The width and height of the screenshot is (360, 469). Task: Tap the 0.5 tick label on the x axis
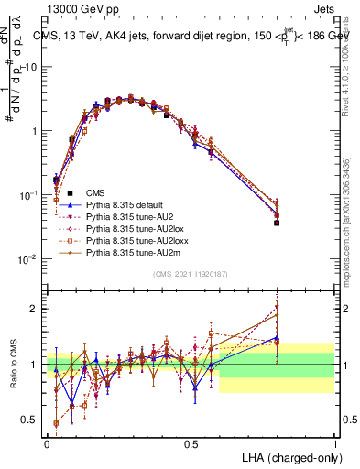click(x=191, y=442)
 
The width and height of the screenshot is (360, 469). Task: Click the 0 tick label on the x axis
click(x=47, y=442)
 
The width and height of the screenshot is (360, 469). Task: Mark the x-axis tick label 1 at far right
click(x=334, y=442)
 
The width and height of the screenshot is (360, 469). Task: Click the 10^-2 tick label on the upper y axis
click(x=30, y=259)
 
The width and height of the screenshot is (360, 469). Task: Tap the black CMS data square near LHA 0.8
click(x=277, y=223)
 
